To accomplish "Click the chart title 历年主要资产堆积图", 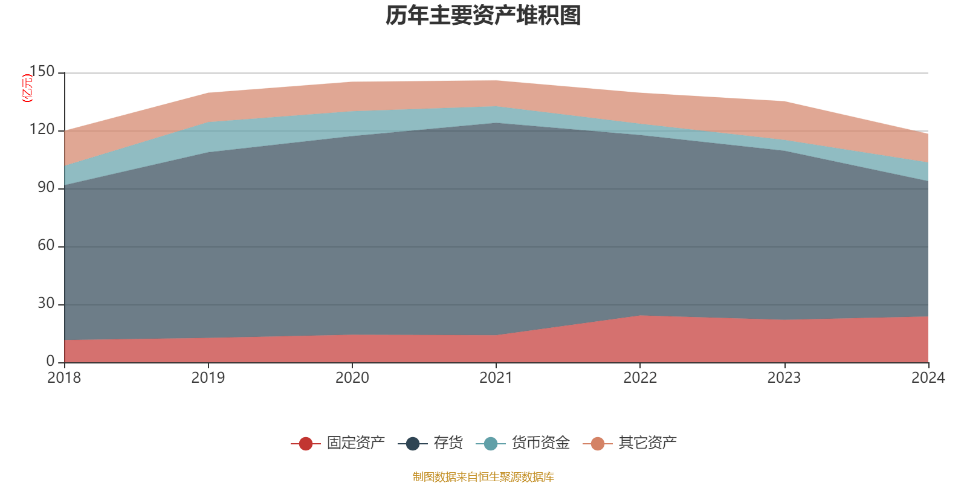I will (x=483, y=16).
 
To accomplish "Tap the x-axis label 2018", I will (x=65, y=378).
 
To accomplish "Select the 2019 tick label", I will (x=208, y=378).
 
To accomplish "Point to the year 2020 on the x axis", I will (x=352, y=378).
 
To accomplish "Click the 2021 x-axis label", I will (x=496, y=378).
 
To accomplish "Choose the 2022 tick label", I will (x=640, y=378).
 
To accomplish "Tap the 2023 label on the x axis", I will (x=784, y=378).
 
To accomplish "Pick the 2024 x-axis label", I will (x=928, y=378).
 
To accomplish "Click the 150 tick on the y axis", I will (x=42, y=72).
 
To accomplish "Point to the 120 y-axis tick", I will (x=42, y=130).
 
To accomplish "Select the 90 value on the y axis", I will (x=46, y=188).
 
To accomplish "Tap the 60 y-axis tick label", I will (x=46, y=246).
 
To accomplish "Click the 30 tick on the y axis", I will (x=46, y=304).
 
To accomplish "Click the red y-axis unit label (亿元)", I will (x=27, y=88).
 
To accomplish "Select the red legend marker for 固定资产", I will (x=306, y=444).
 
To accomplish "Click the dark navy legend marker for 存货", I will (x=413, y=444).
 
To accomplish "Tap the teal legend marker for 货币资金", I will (x=491, y=444).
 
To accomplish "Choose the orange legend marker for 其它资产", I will (x=598, y=444).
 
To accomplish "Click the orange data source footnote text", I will (x=483, y=477).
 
